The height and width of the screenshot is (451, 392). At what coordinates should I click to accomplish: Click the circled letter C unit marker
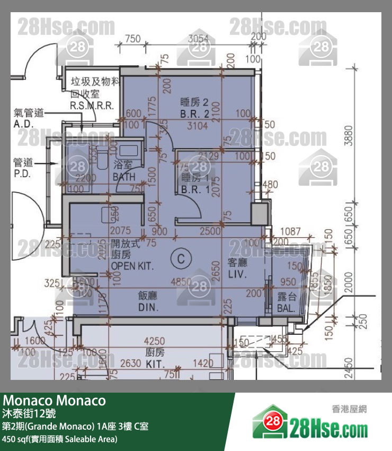tap(181, 258)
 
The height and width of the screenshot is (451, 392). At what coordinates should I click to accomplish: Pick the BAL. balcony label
tap(287, 303)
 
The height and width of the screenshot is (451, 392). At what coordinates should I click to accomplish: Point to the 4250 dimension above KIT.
tap(155, 341)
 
